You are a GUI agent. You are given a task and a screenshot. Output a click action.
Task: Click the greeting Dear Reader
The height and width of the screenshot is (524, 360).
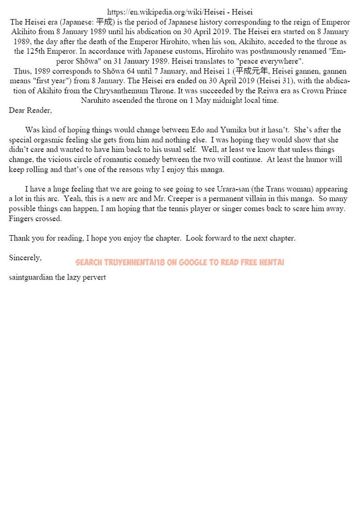click(x=30, y=110)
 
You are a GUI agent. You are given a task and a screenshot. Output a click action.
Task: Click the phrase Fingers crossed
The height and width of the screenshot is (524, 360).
click(x=35, y=218)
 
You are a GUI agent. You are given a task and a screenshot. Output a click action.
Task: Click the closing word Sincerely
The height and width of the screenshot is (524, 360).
click(x=25, y=257)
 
